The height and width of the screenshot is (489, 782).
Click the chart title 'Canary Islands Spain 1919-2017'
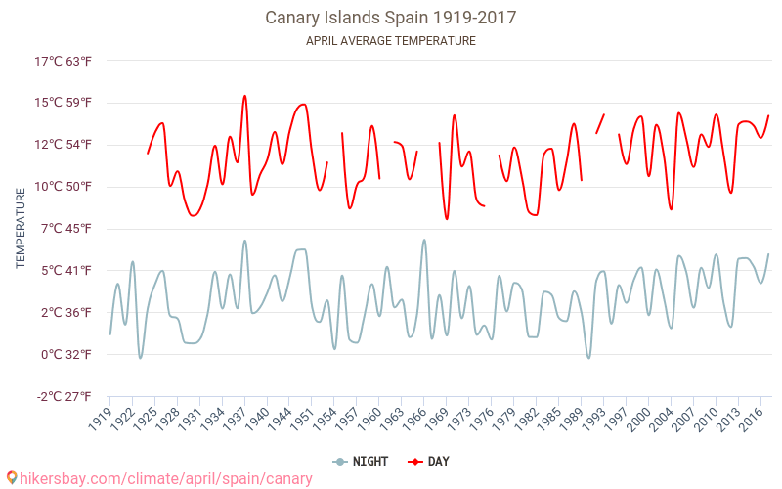tap(391, 18)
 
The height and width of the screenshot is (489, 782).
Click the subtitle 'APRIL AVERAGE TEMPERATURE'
tap(391, 41)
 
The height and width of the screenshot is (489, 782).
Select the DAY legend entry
tap(430, 461)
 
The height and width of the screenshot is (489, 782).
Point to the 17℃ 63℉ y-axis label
tap(64, 61)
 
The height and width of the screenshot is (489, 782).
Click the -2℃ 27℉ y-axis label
tap(65, 396)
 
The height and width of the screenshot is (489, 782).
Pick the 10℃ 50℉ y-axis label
tap(64, 187)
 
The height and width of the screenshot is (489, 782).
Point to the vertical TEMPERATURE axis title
tap(22, 229)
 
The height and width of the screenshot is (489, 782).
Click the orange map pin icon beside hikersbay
tap(12, 478)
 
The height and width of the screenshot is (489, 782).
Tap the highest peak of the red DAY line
tap(244, 96)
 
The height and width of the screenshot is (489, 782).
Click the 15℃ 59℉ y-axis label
tap(64, 103)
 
